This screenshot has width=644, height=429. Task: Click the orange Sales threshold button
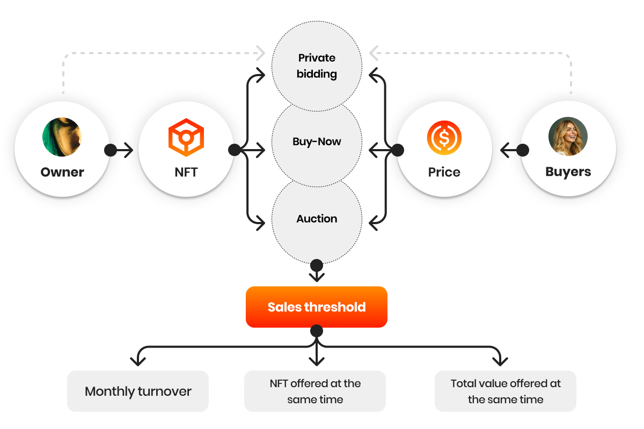[317, 307]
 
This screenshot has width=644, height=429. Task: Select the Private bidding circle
[317, 65]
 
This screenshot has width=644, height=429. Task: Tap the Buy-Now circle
[317, 142]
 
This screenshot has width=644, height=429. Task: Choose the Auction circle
[317, 219]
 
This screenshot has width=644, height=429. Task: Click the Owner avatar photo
[62, 137]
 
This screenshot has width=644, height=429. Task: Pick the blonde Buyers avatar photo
[568, 136]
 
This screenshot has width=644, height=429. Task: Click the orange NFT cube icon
[186, 138]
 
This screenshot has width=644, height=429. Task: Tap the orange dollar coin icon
[444, 138]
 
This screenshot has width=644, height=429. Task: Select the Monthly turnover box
[138, 391]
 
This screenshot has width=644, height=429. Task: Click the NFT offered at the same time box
[315, 391]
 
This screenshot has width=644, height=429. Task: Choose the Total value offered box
[505, 391]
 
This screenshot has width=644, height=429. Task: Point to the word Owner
[62, 172]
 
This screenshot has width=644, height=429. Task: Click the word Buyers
[568, 172]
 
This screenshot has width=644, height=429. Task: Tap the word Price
[444, 172]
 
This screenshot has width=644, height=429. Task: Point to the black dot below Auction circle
[317, 265]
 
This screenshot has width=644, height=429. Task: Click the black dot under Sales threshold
[317, 331]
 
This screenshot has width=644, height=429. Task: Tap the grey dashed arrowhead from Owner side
[261, 53]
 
